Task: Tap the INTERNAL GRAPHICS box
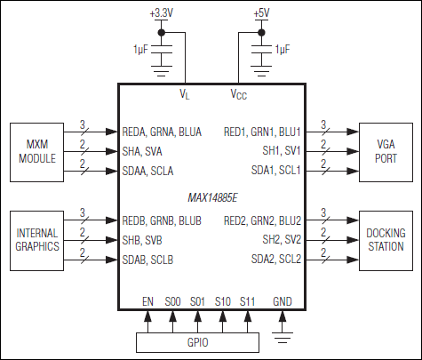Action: click(x=36, y=239)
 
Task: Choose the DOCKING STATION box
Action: click(x=386, y=239)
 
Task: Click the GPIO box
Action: click(x=197, y=341)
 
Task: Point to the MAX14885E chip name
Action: click(x=210, y=194)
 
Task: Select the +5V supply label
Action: click(x=261, y=14)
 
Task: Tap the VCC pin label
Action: click(x=240, y=92)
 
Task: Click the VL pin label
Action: click(x=185, y=92)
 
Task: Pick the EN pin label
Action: click(x=147, y=302)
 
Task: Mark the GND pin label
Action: click(x=283, y=302)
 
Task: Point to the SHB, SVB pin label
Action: click(x=147, y=239)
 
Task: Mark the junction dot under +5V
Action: click(x=261, y=34)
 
